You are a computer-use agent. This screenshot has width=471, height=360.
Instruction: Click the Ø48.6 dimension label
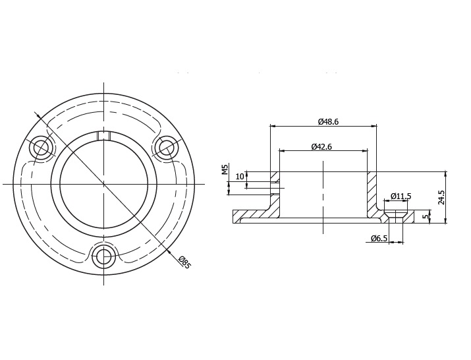pos(328,121)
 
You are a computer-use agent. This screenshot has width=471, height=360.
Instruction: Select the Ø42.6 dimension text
pos(321,146)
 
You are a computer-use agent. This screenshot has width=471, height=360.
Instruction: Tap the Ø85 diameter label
pos(184,262)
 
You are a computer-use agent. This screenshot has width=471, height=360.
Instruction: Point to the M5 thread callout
pos(225,169)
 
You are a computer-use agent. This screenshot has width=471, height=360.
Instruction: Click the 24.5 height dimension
pos(441,197)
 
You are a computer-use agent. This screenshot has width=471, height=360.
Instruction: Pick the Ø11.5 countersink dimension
pos(401,196)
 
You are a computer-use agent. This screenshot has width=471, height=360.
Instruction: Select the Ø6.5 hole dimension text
pos(379,238)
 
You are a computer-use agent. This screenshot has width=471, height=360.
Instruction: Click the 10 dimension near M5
pos(240,177)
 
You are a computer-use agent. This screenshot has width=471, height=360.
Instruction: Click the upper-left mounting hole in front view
pos(41,148)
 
